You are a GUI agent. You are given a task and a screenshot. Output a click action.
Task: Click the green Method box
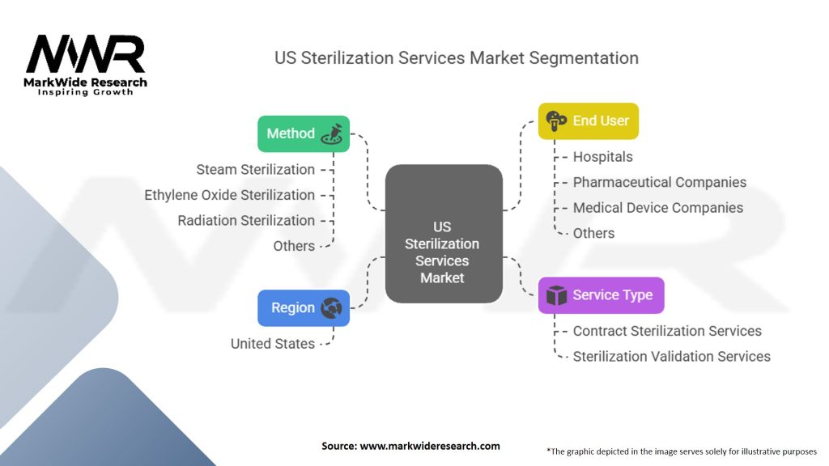click(304, 133)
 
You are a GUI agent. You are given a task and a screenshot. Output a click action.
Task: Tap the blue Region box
click(304, 307)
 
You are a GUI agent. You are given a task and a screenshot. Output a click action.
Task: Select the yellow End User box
click(589, 121)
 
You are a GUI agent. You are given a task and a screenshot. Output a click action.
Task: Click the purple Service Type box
click(601, 295)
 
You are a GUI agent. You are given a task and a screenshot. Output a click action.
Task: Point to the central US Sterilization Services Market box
click(443, 235)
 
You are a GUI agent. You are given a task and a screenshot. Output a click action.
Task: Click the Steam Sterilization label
click(255, 169)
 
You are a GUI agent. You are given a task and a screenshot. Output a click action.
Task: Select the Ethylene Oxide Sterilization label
click(229, 195)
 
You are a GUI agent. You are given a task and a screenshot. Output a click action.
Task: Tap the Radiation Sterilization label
click(246, 220)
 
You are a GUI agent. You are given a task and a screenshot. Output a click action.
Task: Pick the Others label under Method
click(294, 246)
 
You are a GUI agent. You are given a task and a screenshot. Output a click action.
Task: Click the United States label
click(272, 344)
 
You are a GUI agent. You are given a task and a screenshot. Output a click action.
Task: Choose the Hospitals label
click(602, 157)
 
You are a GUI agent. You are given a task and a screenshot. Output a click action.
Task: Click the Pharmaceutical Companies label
click(659, 182)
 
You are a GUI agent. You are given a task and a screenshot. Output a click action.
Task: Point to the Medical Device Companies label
click(657, 208)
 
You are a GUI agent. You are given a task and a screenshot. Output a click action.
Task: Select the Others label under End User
click(593, 233)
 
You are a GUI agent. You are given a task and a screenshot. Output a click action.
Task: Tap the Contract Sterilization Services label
click(667, 331)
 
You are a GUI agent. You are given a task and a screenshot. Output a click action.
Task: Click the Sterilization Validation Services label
click(671, 356)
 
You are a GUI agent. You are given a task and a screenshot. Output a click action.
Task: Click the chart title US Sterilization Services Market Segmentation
click(456, 58)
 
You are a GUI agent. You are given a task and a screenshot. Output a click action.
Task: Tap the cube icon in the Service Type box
click(556, 296)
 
